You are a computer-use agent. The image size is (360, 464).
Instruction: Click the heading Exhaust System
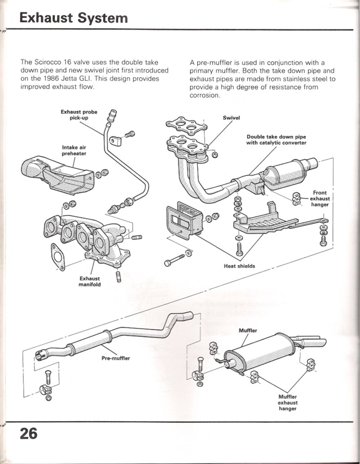coord(73,18)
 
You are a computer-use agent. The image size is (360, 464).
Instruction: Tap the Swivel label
coord(231,118)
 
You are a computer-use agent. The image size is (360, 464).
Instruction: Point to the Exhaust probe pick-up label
coord(79,115)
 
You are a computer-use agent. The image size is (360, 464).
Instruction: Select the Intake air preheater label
coord(74,151)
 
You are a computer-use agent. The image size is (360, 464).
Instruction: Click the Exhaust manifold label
coord(90,281)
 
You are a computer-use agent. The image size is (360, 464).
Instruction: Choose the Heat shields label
coord(239,266)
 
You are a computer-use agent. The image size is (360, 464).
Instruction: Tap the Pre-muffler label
coord(116,358)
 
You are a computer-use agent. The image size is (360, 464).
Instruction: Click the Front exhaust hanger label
coord(320,198)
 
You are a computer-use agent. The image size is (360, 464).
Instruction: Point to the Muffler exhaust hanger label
coord(287,402)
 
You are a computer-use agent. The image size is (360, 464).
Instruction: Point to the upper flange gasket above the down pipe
coord(186,125)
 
